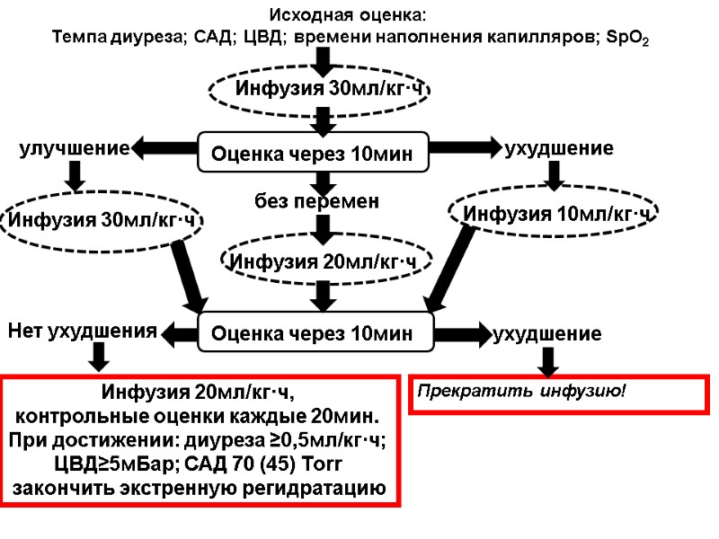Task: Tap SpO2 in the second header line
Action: tap(632, 38)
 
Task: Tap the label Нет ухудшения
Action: tap(82, 331)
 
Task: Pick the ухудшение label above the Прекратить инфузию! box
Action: tap(547, 334)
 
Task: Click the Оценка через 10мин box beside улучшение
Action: tap(314, 155)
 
